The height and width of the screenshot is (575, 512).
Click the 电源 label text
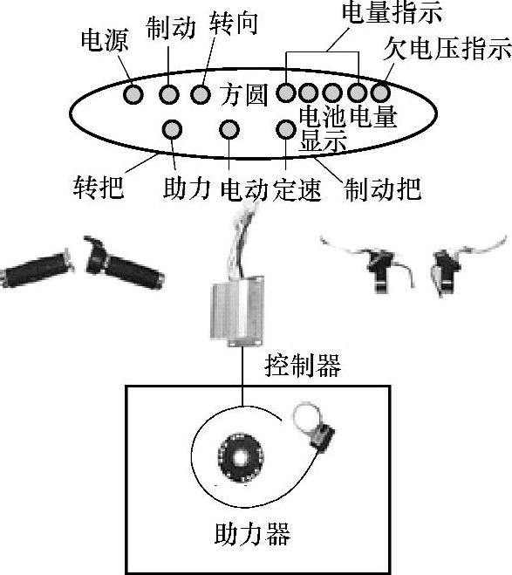point(105,40)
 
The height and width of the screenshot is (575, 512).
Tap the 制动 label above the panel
point(171,28)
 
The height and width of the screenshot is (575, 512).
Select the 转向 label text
point(234,24)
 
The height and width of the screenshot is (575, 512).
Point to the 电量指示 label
point(392,12)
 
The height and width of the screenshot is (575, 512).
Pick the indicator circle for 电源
point(133,94)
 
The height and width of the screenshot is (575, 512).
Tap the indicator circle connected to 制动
point(169,94)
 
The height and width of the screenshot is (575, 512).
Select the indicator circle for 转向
point(201,94)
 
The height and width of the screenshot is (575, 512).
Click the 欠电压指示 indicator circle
point(380,92)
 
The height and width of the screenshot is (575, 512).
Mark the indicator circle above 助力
point(172,129)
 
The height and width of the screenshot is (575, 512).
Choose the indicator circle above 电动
point(229,129)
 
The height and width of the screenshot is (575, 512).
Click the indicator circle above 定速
point(286,129)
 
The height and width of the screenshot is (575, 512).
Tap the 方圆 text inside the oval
point(243,94)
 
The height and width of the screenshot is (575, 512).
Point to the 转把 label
point(99,187)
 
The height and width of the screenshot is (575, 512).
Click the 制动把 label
point(383,189)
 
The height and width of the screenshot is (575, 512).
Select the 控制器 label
point(303,366)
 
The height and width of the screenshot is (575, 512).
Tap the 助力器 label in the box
point(252,534)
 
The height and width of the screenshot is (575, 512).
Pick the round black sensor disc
point(241,457)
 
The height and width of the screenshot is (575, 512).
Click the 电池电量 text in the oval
point(348,116)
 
